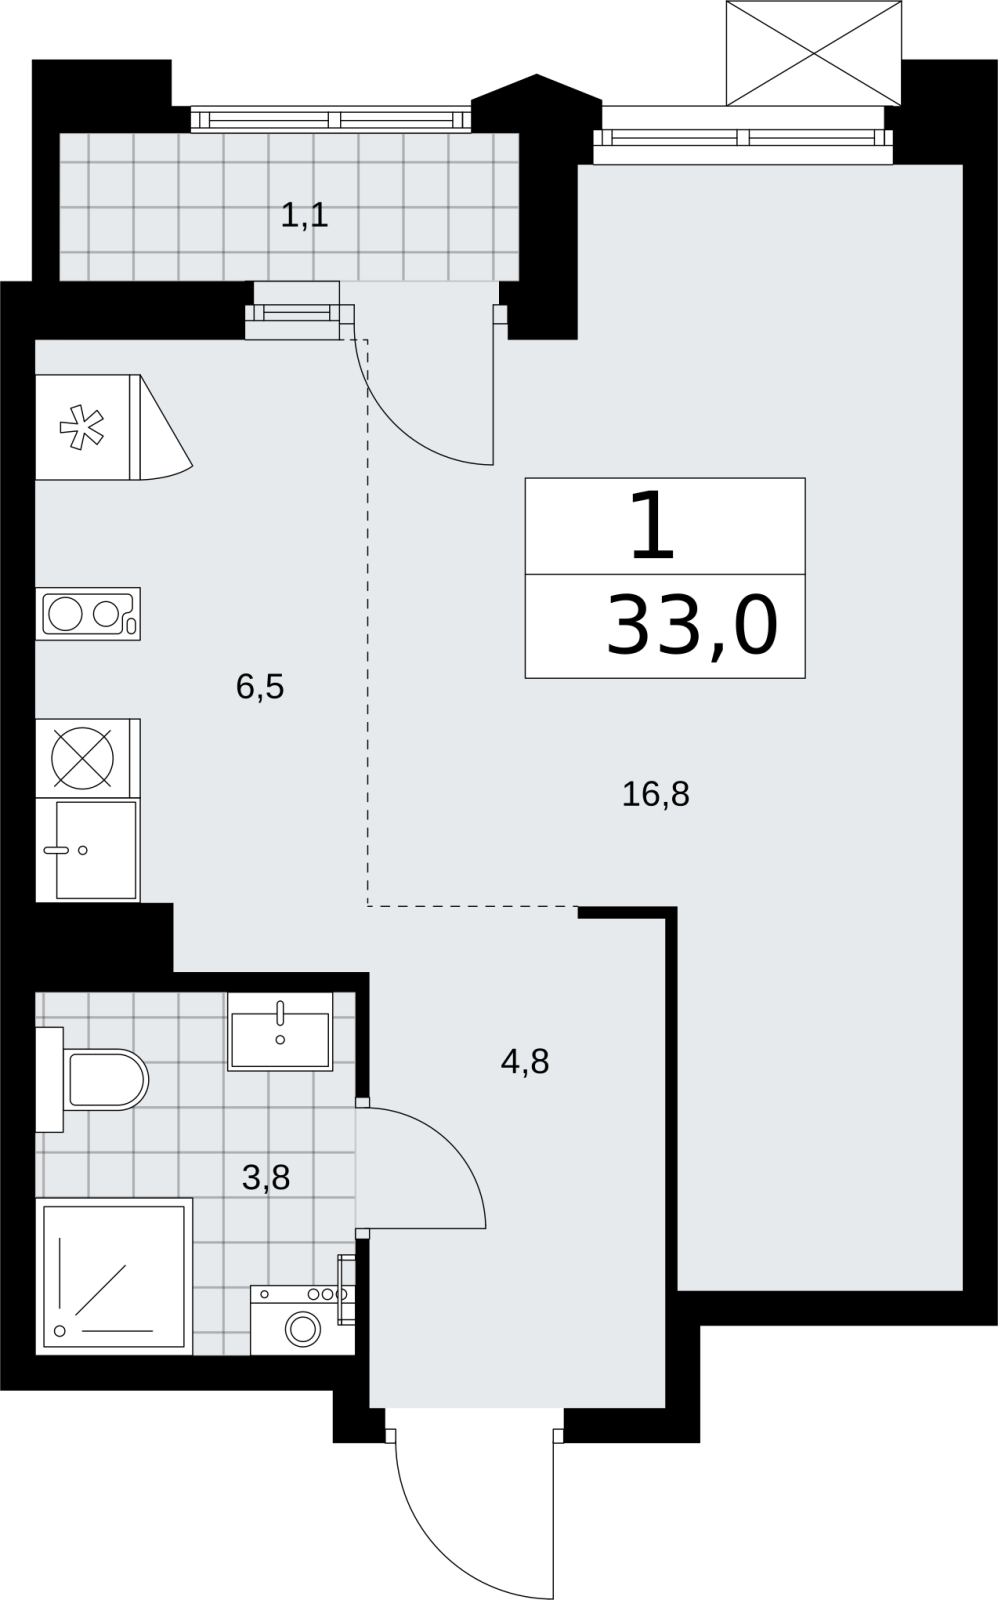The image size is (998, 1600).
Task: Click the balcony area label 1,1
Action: (x=304, y=215)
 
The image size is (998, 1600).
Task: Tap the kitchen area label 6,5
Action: (x=260, y=687)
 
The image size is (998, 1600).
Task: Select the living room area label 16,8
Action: (x=656, y=794)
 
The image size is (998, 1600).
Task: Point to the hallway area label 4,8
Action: (x=525, y=1062)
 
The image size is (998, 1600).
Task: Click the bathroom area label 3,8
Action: (x=266, y=1177)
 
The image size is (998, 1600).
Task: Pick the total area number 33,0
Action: (x=692, y=626)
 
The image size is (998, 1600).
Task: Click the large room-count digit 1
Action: (x=653, y=526)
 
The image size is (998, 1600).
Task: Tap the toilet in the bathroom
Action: (x=92, y=1079)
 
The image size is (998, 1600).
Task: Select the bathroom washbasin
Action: (x=280, y=1031)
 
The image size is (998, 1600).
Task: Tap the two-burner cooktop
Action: (x=88, y=614)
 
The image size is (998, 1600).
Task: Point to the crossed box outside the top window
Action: (x=814, y=54)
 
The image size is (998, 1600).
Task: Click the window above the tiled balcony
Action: (x=331, y=119)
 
